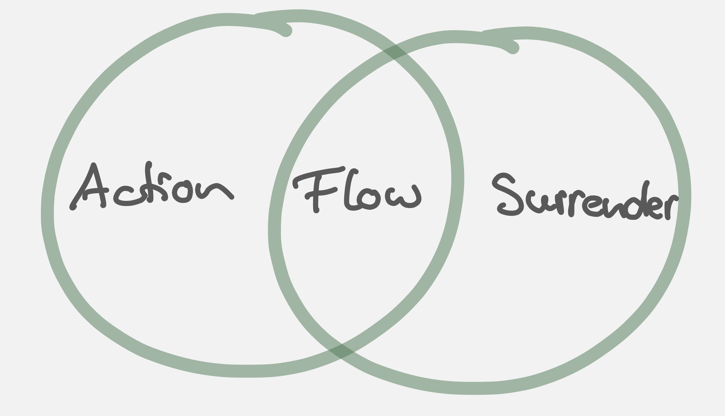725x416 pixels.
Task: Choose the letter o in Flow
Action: coord(368,199)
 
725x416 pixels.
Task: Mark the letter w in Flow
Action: coord(403,197)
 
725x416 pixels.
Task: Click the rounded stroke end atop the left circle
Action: coord(286,31)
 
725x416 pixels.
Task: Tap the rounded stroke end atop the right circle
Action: coord(513,48)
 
